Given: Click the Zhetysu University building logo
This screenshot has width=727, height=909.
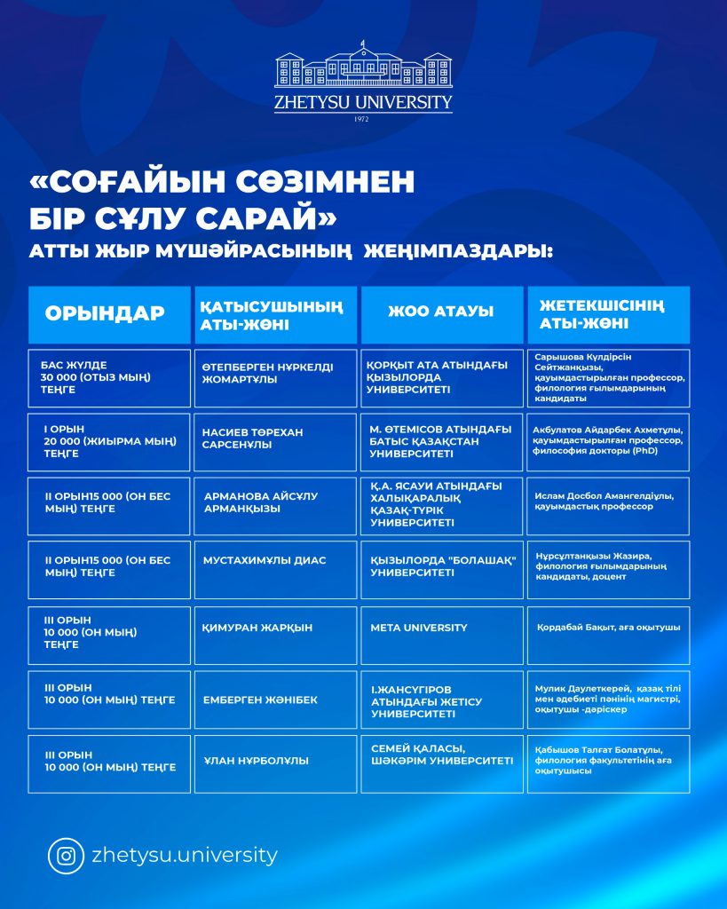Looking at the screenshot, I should pyautogui.click(x=363, y=67).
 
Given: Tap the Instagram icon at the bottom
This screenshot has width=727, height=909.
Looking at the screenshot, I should pyautogui.click(x=66, y=856).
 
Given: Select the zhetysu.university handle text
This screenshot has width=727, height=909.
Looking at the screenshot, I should pyautogui.click(x=185, y=856).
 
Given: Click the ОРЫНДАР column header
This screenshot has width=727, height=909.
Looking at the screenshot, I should pyautogui.click(x=109, y=314).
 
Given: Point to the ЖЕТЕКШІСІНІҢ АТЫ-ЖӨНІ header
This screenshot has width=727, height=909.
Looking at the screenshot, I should pyautogui.click(x=607, y=314).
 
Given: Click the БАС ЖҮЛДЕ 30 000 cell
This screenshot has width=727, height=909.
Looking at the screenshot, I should pyautogui.click(x=109, y=378).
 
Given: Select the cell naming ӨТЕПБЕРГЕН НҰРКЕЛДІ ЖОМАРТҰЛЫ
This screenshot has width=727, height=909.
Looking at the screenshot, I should pyautogui.click(x=275, y=378).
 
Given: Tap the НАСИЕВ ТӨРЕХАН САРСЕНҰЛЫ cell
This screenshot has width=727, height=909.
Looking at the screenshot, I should pyautogui.click(x=275, y=442).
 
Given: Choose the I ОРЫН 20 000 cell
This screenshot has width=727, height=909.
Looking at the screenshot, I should pyautogui.click(x=109, y=442).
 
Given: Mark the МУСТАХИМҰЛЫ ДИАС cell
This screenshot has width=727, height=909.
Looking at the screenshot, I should pyautogui.click(x=275, y=569).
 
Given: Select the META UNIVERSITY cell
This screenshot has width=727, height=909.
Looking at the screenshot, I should pyautogui.click(x=440, y=635).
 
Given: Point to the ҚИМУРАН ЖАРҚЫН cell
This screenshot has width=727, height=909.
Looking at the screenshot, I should pyautogui.click(x=275, y=635).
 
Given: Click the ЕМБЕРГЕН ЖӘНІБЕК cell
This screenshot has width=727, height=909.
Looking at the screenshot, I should pyautogui.click(x=275, y=700).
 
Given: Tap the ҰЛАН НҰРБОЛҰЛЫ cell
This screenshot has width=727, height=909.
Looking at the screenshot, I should pyautogui.click(x=275, y=763).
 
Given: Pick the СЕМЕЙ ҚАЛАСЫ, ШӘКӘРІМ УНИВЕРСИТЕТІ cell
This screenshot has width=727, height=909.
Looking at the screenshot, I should pyautogui.click(x=440, y=763).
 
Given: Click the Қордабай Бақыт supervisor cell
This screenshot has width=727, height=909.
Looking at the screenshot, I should pyautogui.click(x=607, y=635).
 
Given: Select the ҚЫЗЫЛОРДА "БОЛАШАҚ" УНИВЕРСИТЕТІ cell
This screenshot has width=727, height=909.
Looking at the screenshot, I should pyautogui.click(x=440, y=569).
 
